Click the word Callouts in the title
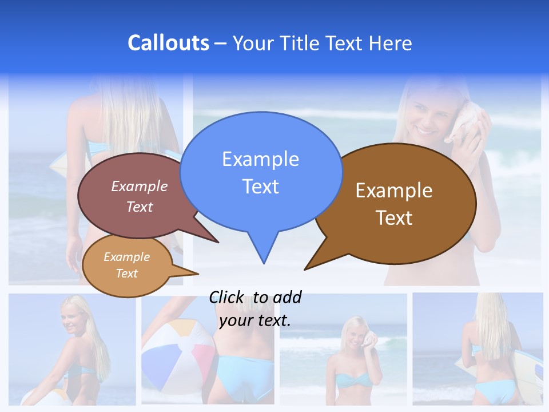[168, 43]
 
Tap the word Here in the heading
[390, 43]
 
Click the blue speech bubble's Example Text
[260, 172]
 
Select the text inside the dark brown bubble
[394, 204]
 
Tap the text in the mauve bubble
[140, 196]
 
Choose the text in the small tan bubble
[126, 265]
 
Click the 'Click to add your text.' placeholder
[255, 308]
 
